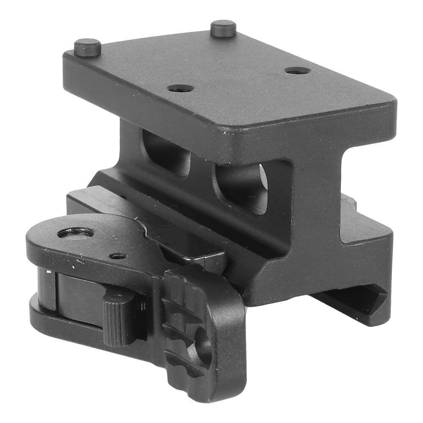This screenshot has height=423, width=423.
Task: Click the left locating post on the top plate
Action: (x=88, y=47)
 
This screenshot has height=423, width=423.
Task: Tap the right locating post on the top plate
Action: (x=223, y=28)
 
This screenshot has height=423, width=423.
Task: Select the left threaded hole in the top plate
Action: (x=181, y=88)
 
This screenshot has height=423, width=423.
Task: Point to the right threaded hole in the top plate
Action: (x=298, y=70)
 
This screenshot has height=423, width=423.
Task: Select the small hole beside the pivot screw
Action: (x=118, y=256)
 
